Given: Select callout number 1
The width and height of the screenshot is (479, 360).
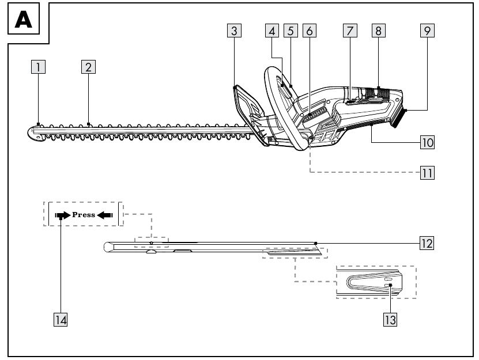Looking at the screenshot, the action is coord(38,67).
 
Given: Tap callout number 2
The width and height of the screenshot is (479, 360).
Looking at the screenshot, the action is coord(88,67).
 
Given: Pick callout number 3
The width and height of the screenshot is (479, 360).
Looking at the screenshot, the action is coord(234,31).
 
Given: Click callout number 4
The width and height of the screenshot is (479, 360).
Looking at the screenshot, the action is coord(272,31).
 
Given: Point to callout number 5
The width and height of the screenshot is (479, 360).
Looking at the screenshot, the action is coord(291,31).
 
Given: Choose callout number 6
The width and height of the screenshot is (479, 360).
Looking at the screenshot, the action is coord(310,31).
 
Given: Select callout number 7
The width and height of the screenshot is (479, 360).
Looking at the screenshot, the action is coord(350,31).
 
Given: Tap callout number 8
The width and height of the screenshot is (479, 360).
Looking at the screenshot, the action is coord(379,31).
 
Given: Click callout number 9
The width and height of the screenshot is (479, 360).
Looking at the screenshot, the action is coord(427,31).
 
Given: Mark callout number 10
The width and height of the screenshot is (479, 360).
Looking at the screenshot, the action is coord(427,142).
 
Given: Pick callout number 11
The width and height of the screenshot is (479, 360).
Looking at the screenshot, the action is coord(427,173).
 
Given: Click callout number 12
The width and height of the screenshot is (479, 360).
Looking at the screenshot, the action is coord(427,243).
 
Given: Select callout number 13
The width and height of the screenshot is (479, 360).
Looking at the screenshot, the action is coord(390,320).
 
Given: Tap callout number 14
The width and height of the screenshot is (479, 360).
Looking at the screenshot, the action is coord(61,320).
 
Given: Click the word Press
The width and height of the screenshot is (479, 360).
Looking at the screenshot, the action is coord(84,215).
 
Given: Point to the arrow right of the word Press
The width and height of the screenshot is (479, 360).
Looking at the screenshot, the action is coord(105,215).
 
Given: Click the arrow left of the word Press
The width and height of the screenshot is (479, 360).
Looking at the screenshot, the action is coord(63,215).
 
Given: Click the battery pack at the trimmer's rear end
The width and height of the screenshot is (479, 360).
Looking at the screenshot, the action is coord(399,118).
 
